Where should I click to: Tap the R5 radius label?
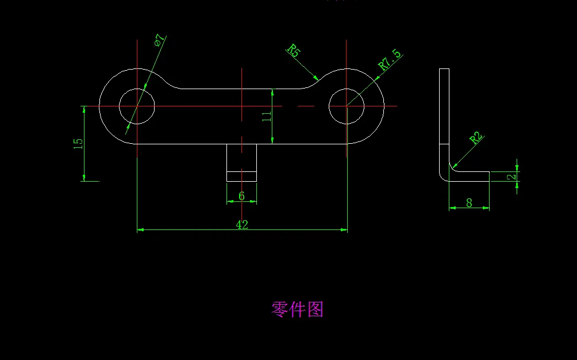(x=293, y=51)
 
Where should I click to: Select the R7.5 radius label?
(x=390, y=60)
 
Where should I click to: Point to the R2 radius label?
(x=475, y=138)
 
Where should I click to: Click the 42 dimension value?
(x=242, y=225)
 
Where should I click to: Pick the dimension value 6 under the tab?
(x=241, y=197)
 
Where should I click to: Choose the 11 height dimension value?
(x=266, y=117)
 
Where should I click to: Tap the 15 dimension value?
(x=78, y=144)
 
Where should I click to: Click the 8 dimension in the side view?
(x=469, y=202)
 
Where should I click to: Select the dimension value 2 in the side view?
(x=511, y=177)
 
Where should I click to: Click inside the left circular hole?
(x=137, y=106)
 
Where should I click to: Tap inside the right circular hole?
(x=347, y=106)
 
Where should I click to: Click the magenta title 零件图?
(x=297, y=309)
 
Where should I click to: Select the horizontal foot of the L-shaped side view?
(x=471, y=176)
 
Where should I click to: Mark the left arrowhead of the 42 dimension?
(x=140, y=229)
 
